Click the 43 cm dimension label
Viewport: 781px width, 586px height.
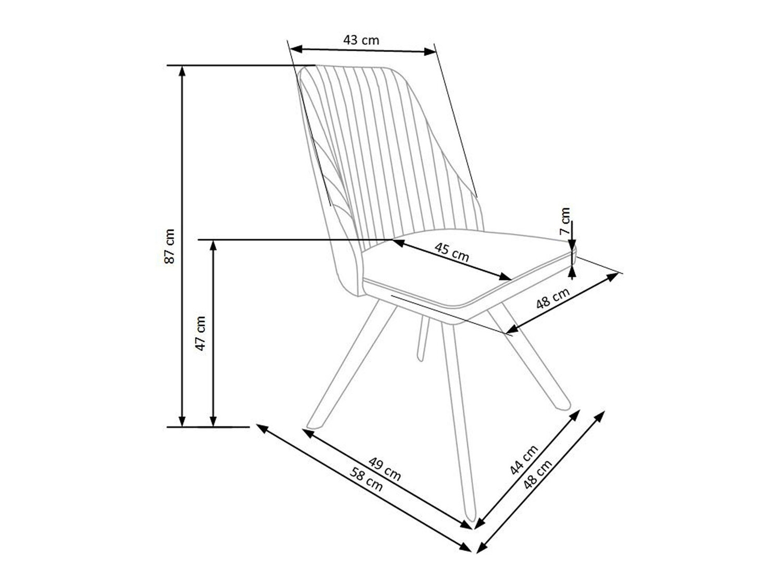[361, 40]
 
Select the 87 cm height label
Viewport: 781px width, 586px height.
[170, 246]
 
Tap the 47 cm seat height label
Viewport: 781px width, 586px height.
[201, 333]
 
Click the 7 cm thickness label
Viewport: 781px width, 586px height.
[565, 221]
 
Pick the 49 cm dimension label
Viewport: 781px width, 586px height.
[385, 469]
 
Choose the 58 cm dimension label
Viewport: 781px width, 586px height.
[367, 480]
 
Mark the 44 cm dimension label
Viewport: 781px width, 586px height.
[523, 460]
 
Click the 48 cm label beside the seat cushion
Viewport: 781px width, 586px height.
[552, 298]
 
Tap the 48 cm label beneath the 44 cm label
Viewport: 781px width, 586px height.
[537, 475]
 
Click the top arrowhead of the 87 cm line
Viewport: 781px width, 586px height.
[182, 70]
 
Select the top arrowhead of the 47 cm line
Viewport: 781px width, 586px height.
[213, 244]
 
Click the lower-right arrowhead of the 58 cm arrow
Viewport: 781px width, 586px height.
[467, 547]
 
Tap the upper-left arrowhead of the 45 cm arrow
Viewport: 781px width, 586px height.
[397, 242]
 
